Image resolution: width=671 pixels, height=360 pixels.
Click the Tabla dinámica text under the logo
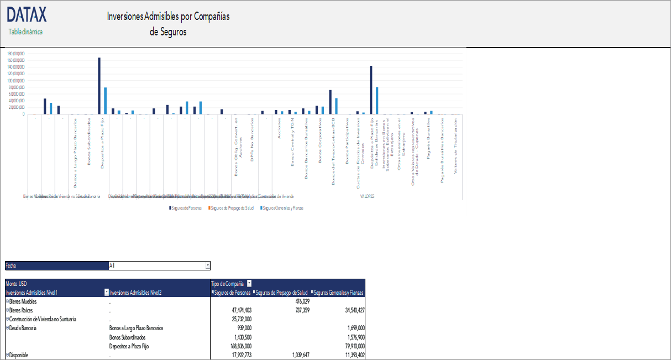click(25, 32)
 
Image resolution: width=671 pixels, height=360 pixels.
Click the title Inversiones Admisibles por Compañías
click(168, 16)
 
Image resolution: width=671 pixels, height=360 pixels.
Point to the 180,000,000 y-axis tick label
click(16, 54)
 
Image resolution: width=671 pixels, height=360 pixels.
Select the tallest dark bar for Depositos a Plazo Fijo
click(99, 86)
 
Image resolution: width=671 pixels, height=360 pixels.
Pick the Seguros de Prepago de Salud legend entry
click(232, 208)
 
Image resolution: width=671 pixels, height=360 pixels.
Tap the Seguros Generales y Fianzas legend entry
click(283, 208)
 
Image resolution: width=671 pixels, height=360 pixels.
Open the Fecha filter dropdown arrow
click(208, 265)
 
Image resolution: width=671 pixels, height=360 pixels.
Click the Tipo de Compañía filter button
click(249, 283)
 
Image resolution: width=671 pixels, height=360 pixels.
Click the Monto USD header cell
click(16, 283)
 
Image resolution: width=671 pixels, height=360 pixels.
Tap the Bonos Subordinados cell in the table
click(128, 337)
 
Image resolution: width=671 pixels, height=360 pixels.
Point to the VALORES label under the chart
click(368, 196)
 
